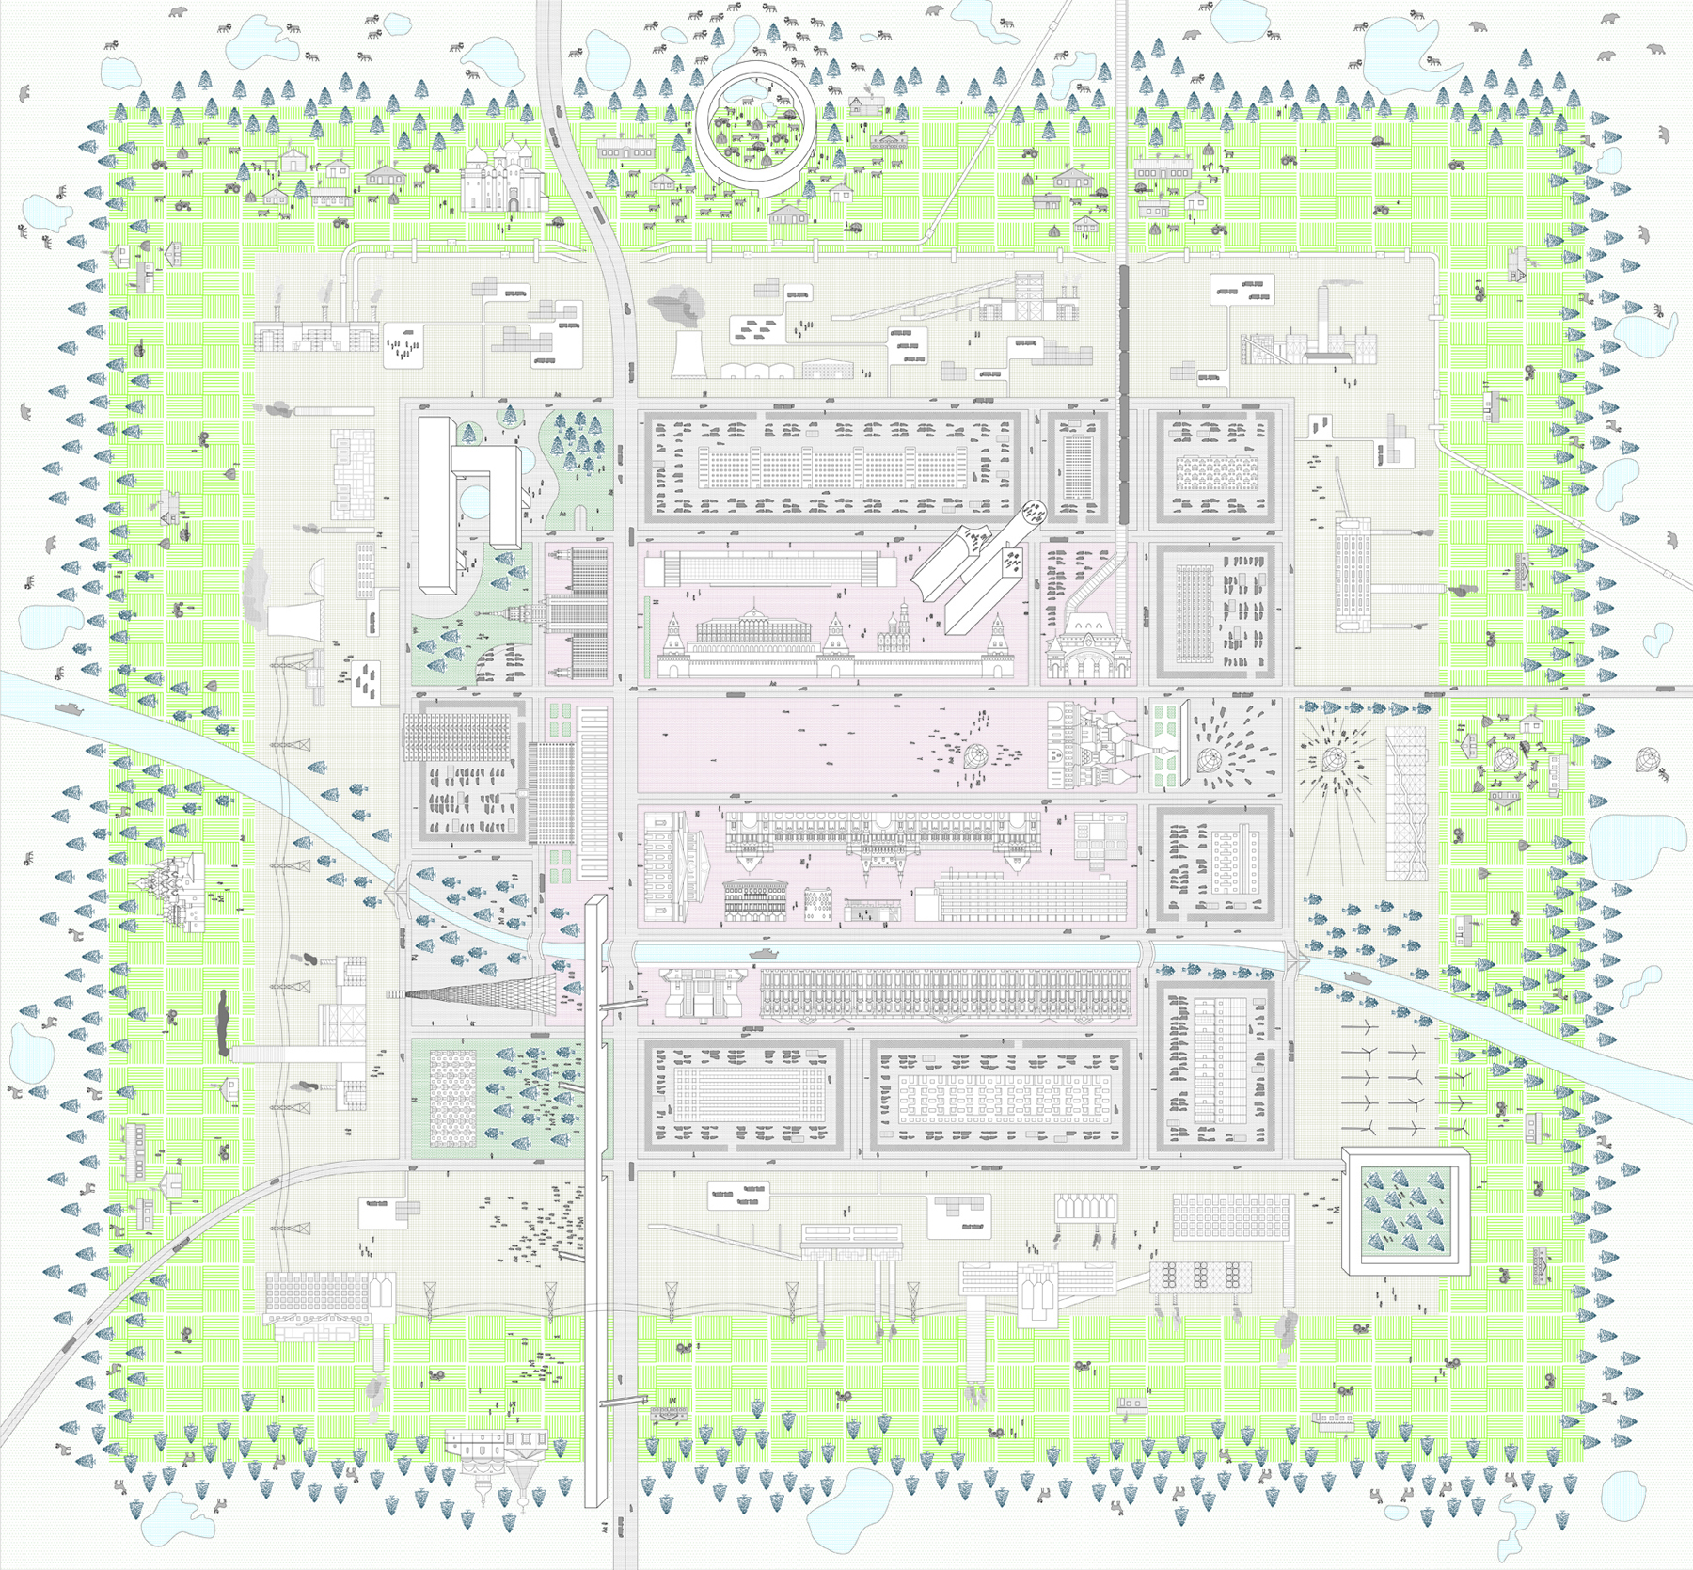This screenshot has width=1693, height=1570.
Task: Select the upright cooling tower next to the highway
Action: click(x=688, y=353)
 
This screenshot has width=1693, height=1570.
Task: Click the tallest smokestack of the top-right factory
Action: click(x=1322, y=320)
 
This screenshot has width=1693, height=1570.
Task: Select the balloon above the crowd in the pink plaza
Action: click(x=974, y=755)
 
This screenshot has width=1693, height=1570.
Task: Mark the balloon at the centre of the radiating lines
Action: click(x=1333, y=759)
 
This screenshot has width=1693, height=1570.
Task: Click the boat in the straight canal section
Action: click(x=762, y=954)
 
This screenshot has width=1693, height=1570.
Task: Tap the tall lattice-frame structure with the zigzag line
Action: click(x=1406, y=804)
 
